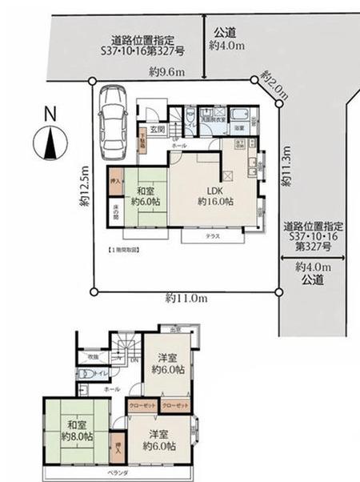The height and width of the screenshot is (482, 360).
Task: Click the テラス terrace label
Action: click(211, 236)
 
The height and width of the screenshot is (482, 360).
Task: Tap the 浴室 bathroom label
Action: click(239, 127)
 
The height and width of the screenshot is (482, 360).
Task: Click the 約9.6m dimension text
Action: click(166, 72)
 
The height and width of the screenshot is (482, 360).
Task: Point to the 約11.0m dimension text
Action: click(187, 298)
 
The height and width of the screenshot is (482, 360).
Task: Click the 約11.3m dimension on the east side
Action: click(285, 167)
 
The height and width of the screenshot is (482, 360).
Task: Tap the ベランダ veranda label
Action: click(118, 473)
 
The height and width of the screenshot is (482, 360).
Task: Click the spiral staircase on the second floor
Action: click(126, 349)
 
